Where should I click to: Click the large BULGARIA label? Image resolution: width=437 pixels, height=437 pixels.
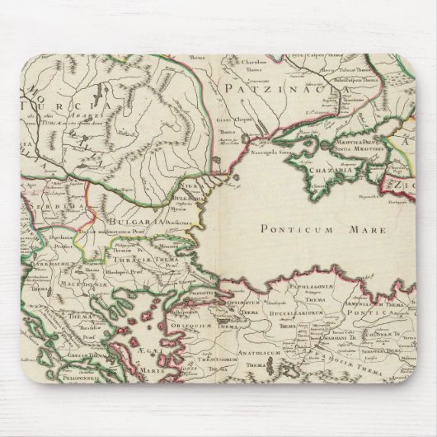point(128,223)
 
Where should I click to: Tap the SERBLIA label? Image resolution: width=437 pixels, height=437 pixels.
point(52,200)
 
